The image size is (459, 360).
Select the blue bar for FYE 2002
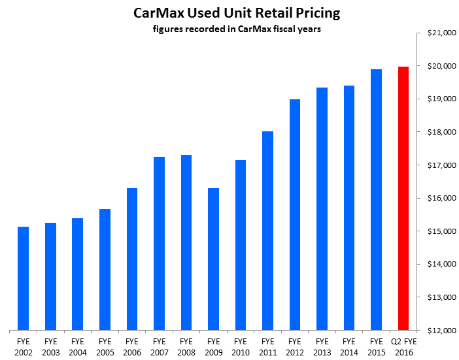[x=24, y=278]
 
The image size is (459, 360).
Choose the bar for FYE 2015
[x=376, y=199]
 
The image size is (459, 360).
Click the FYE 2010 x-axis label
[x=240, y=346]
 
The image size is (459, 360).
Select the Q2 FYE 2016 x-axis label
[x=403, y=346]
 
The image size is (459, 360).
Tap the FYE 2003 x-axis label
[x=50, y=346]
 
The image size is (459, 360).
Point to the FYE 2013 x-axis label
[x=322, y=346]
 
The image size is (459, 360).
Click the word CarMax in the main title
[x=157, y=13]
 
